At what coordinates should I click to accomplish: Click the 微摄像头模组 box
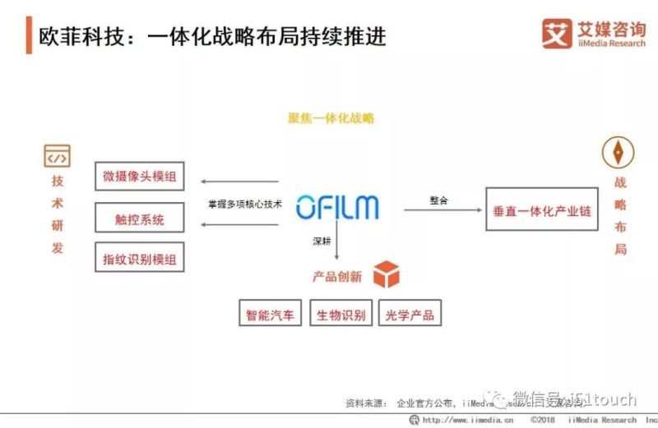(x=140, y=176)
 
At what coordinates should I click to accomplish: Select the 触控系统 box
(x=140, y=219)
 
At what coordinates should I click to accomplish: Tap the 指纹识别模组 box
(x=140, y=257)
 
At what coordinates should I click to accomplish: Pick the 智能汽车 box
(x=270, y=315)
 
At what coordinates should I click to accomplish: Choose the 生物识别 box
(x=341, y=315)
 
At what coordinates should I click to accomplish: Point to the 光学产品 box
(x=409, y=315)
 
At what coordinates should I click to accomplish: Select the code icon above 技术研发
(x=57, y=156)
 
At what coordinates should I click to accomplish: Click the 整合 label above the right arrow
(x=438, y=200)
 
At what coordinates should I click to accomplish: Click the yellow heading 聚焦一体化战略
(x=331, y=118)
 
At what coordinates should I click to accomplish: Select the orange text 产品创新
(x=336, y=277)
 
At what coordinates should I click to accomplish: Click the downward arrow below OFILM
(x=336, y=246)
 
